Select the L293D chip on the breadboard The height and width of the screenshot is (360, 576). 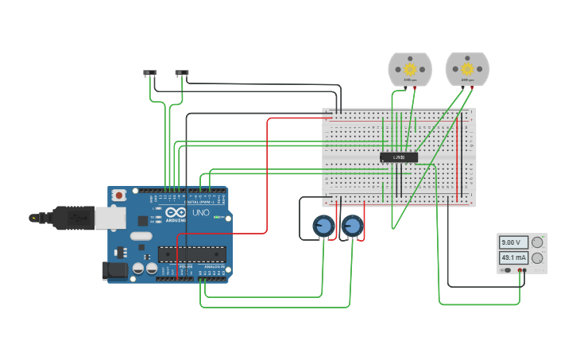(x=399, y=157)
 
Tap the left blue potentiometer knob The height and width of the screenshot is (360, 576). (x=323, y=227)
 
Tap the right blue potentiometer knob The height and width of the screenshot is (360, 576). (x=352, y=227)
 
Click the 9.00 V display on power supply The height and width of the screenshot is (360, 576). (x=512, y=242)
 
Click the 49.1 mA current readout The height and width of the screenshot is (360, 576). (x=513, y=257)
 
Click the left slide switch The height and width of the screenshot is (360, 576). (x=150, y=73)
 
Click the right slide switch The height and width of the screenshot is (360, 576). (x=182, y=73)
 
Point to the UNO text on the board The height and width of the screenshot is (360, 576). (x=201, y=213)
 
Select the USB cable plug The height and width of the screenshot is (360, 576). (x=75, y=217)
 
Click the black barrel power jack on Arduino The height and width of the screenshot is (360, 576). (x=114, y=271)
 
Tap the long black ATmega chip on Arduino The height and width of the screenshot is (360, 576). (x=191, y=254)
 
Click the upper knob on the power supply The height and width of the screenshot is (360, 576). (x=538, y=242)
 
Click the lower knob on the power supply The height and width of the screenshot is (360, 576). (x=538, y=258)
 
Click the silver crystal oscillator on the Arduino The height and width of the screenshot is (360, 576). (x=141, y=236)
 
